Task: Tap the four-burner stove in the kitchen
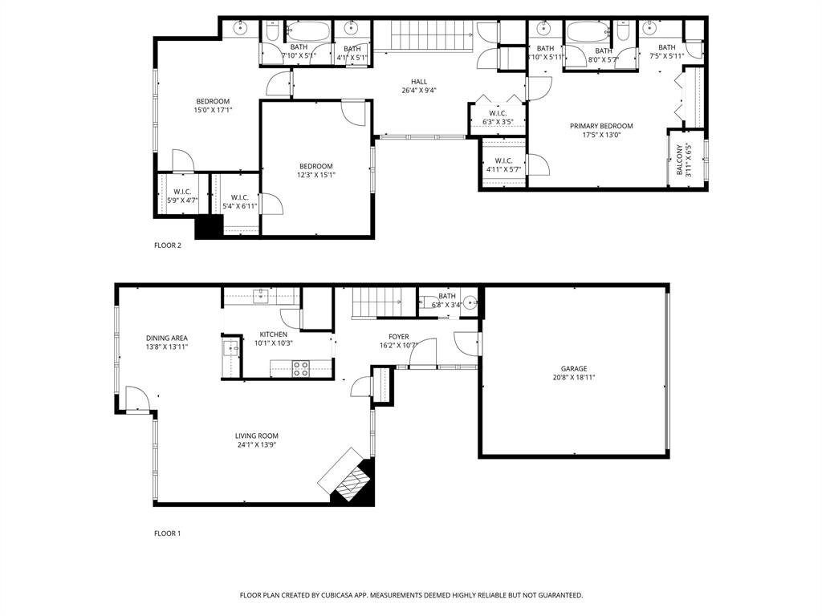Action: click(x=301, y=369)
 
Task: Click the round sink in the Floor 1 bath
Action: click(x=470, y=304)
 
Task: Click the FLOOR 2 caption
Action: click(x=168, y=245)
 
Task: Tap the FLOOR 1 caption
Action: click(x=168, y=533)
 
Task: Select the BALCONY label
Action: click(x=679, y=160)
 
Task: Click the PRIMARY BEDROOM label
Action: click(x=601, y=126)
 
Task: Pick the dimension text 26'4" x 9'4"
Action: click(x=418, y=91)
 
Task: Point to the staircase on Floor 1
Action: click(x=376, y=302)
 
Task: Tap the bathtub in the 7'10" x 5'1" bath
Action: click(x=308, y=31)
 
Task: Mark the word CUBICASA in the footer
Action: click(x=338, y=595)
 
